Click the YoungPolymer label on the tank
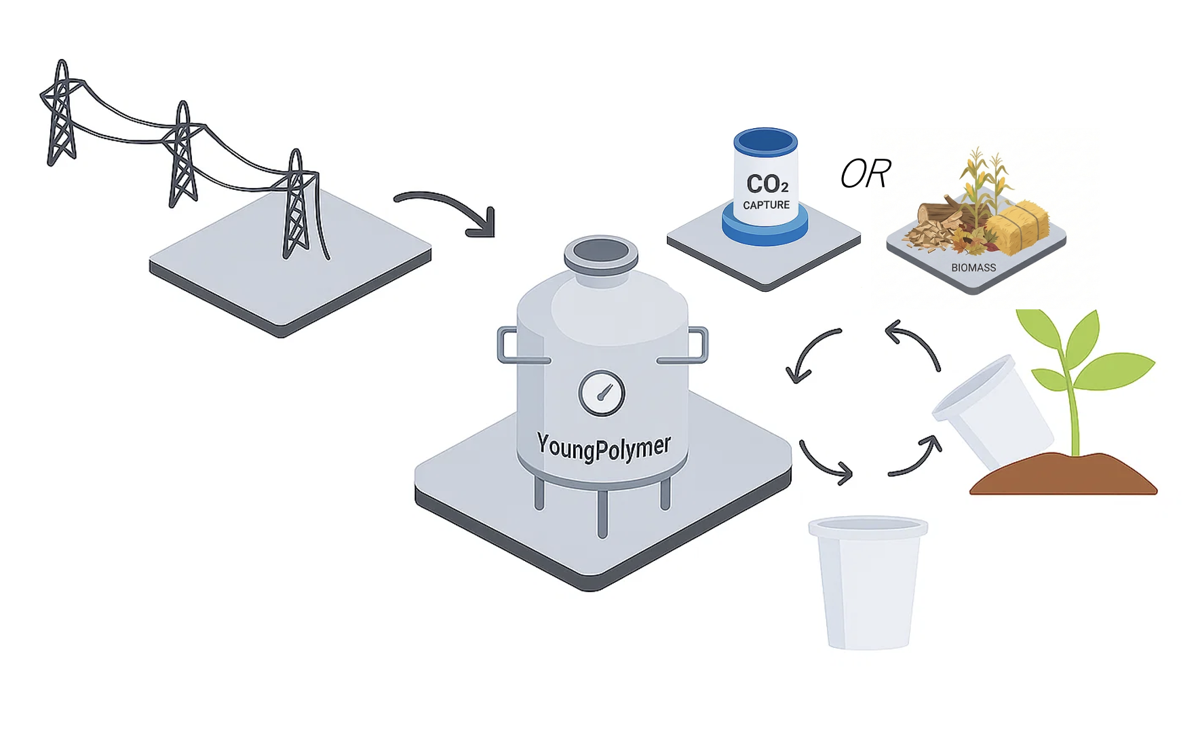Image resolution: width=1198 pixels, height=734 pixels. (x=603, y=447)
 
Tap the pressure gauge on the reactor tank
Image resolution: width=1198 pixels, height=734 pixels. (x=602, y=393)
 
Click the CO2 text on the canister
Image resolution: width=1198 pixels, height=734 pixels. (x=767, y=184)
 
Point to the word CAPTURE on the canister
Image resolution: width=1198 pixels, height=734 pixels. (x=766, y=205)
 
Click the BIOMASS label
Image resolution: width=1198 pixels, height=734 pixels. (x=973, y=268)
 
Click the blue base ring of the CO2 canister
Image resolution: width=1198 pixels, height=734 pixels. (x=765, y=227)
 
